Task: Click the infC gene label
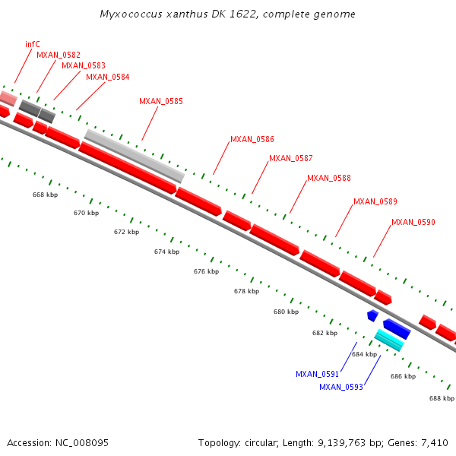point(32,44)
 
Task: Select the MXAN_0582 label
point(59,55)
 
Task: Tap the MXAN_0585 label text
point(160,101)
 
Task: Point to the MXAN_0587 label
point(291,158)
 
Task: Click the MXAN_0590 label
point(413,222)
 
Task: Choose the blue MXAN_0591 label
point(317,374)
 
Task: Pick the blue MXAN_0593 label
point(340,387)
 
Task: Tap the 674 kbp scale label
point(166,252)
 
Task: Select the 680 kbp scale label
point(286,312)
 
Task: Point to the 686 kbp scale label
point(403,376)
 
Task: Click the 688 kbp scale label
point(442,398)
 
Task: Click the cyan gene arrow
point(388,340)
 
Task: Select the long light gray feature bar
point(135,156)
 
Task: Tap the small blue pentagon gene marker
point(372,315)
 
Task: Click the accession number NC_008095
point(80,442)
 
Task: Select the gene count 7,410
point(433,442)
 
